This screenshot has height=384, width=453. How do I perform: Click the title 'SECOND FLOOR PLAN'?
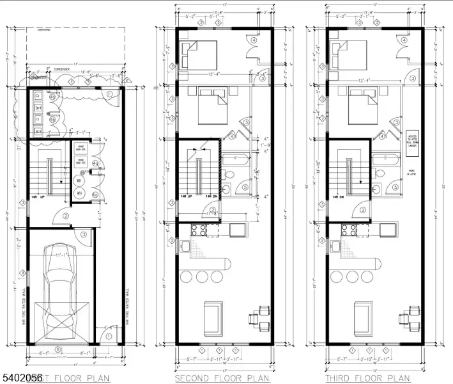point(222,378)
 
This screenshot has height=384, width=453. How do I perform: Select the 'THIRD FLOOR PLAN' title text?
point(367,378)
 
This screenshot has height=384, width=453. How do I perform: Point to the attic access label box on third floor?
point(412,141)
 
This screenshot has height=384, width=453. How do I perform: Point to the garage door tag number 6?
point(58,349)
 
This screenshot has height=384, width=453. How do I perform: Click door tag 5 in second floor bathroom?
point(245,188)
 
